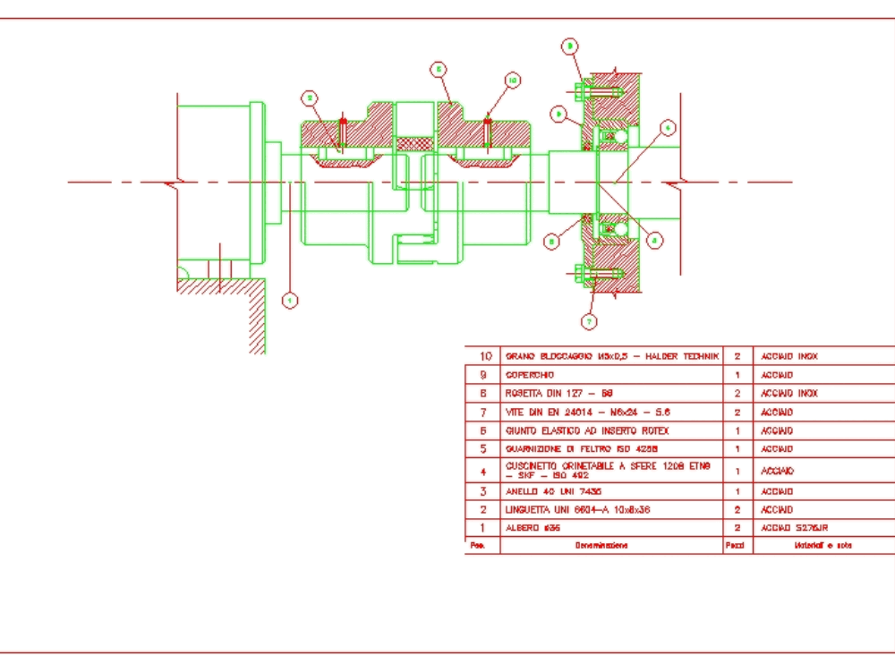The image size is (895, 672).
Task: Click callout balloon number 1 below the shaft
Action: pos(289,301)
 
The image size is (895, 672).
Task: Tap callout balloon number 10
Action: pos(512,81)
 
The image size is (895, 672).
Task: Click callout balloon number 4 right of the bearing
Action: pos(669,128)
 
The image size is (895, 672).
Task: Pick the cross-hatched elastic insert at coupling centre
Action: pos(414,143)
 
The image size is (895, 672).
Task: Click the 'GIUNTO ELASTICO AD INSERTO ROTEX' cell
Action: pos(611,430)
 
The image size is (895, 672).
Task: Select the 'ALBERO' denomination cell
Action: pos(611,528)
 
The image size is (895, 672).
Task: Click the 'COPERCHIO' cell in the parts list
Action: pos(611,375)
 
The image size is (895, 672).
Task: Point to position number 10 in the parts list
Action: pos(482,356)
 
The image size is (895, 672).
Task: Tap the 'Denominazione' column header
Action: pos(611,545)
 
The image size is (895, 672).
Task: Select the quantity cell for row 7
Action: pos(737,412)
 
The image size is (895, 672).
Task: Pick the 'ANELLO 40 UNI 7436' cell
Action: pos(611,491)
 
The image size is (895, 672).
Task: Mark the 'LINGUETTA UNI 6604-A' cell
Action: pos(611,509)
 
